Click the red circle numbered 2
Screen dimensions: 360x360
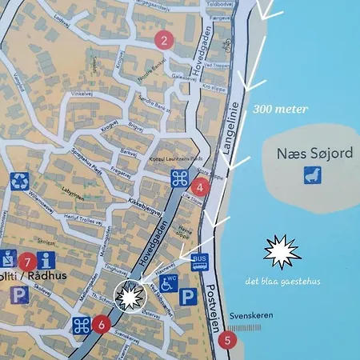click(x=164, y=41)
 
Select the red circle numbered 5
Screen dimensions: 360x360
click(x=228, y=339)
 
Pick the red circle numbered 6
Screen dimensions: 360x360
click(x=100, y=324)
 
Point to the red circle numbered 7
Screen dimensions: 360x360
click(x=27, y=261)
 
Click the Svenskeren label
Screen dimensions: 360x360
click(x=247, y=315)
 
